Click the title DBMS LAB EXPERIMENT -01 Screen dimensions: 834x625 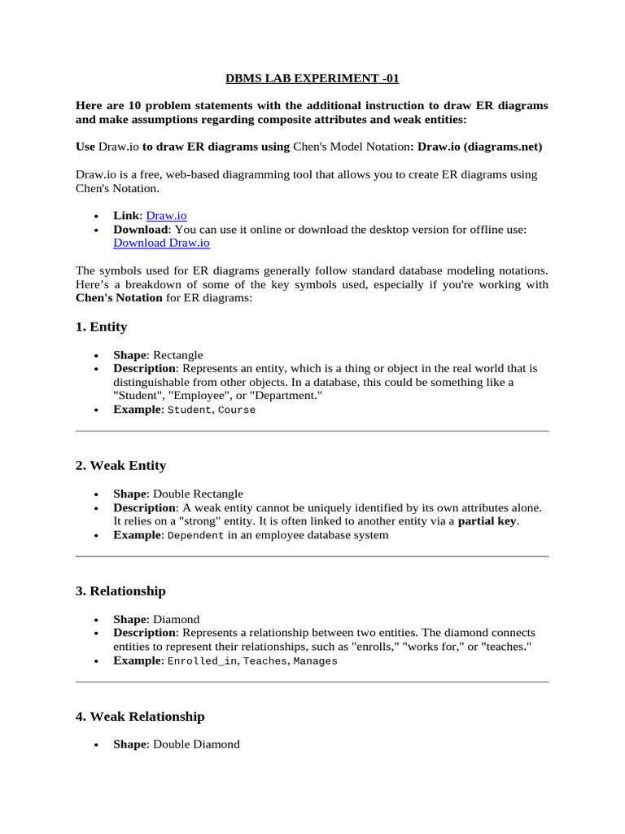click(312, 79)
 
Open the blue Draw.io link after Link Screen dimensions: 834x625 click(166, 216)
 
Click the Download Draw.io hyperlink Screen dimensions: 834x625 click(167, 243)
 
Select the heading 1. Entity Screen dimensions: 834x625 click(101, 327)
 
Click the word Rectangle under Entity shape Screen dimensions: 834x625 click(178, 355)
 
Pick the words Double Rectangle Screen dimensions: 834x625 click(198, 494)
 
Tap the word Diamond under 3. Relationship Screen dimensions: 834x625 click(176, 619)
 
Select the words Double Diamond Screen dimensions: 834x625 click(196, 744)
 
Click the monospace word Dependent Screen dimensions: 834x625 click(195, 535)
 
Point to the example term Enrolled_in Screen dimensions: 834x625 click(202, 661)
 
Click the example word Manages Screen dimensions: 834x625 click(315, 661)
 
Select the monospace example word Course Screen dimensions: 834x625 click(237, 410)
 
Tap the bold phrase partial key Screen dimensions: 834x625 click(487, 521)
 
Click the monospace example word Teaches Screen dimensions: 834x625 click(265, 661)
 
